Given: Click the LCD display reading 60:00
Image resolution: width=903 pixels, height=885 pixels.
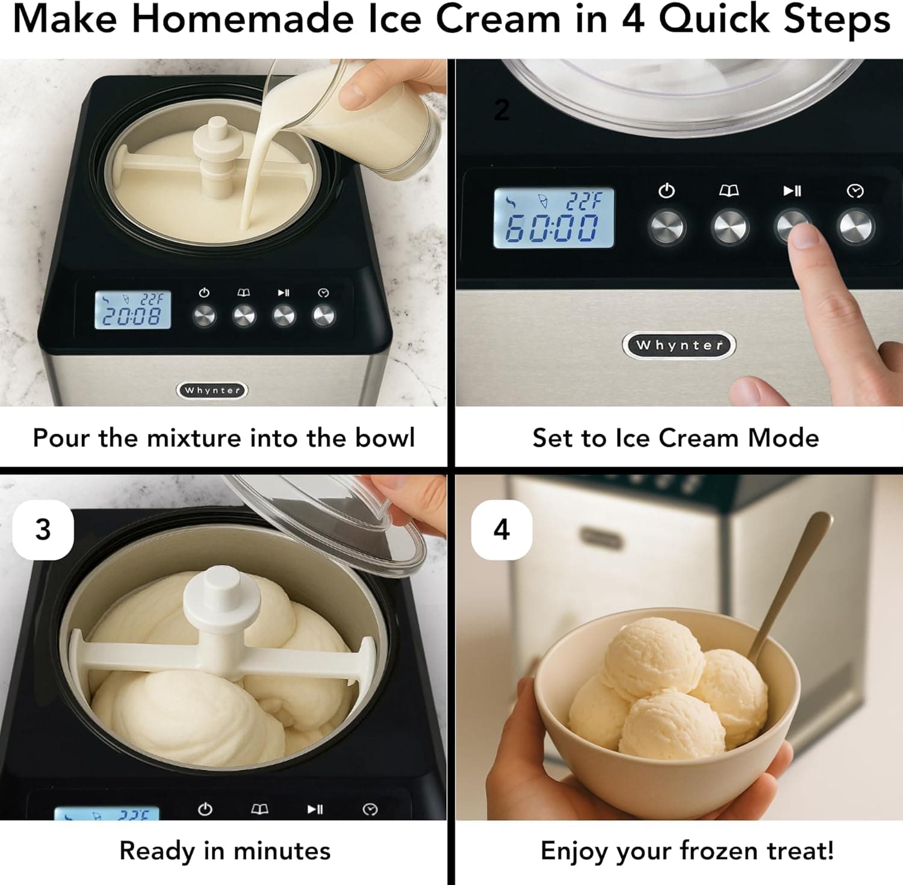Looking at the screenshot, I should coord(553,218).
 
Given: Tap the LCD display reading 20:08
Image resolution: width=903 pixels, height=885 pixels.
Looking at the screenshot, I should coord(132,310).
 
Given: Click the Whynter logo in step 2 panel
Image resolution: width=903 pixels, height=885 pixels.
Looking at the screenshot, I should coord(678,345).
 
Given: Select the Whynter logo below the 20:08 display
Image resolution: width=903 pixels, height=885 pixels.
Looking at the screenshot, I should coord(212,390).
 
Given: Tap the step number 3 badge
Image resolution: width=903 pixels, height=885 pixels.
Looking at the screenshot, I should coord(43,530).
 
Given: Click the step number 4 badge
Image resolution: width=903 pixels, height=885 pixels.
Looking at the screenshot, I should coord(501,530).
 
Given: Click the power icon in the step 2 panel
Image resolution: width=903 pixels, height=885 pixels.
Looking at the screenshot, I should coord(666,191).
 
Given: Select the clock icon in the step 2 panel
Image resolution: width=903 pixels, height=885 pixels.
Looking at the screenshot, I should coord(855,191).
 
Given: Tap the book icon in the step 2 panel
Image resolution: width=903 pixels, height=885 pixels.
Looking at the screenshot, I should coord(729,191).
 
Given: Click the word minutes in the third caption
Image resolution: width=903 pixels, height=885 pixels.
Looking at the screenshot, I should coord(282,851).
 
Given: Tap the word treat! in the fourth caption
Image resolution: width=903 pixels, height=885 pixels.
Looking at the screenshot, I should coord(801,851).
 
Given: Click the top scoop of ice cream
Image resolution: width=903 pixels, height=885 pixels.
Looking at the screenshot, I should coord(653,658).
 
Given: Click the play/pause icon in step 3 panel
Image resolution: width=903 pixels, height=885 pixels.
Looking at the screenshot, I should coord(315,809).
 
